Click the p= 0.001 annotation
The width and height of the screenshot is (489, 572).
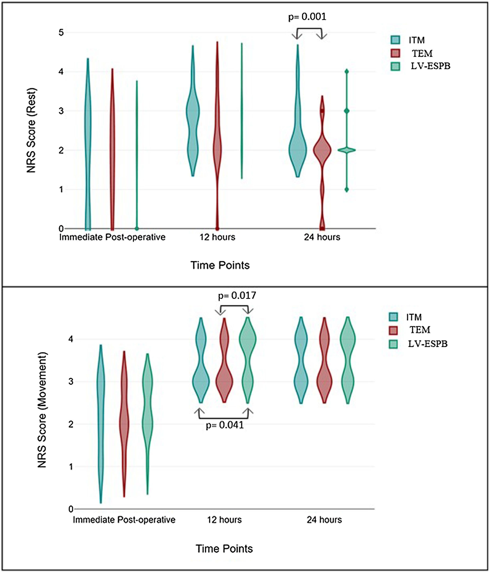click(307, 17)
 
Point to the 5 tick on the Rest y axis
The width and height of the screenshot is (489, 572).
click(61, 33)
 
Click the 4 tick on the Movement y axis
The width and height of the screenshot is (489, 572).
click(71, 339)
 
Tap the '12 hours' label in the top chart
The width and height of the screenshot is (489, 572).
click(217, 237)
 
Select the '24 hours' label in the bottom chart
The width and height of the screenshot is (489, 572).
click(324, 520)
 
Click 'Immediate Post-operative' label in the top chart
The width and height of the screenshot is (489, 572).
click(112, 237)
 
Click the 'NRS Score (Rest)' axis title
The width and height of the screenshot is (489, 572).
click(31, 130)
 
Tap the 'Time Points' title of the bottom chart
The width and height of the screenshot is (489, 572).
click(224, 549)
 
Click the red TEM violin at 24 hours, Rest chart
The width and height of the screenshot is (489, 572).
click(322, 150)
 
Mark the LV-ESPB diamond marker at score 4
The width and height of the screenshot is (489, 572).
click(347, 72)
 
